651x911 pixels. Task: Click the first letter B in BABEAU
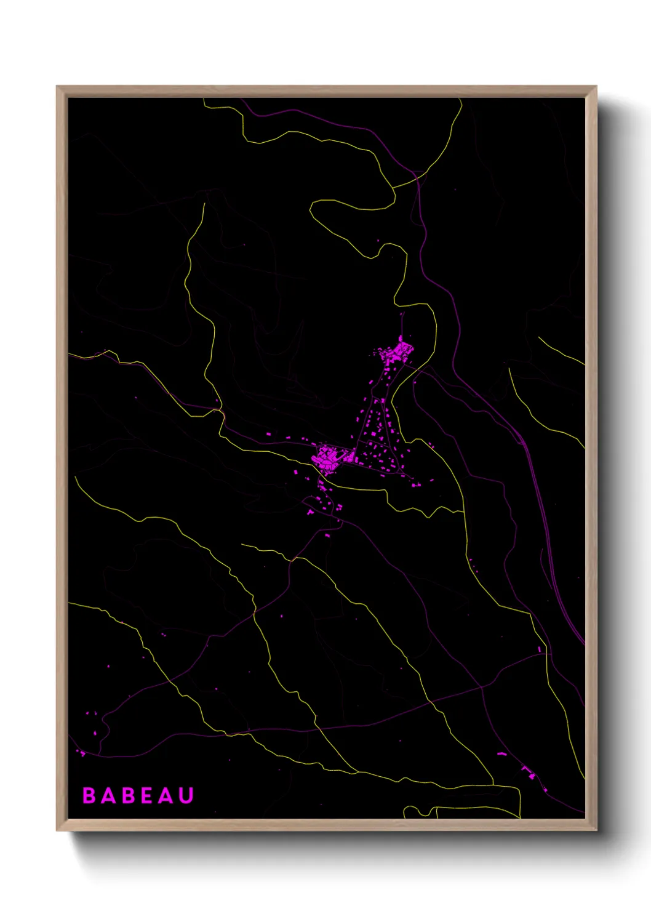click(89, 795)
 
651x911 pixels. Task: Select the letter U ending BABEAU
click(186, 795)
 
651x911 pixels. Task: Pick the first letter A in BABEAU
click(108, 795)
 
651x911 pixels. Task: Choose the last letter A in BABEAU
click(166, 795)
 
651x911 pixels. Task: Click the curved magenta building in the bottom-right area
click(502, 754)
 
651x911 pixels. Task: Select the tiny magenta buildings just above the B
click(81, 752)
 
